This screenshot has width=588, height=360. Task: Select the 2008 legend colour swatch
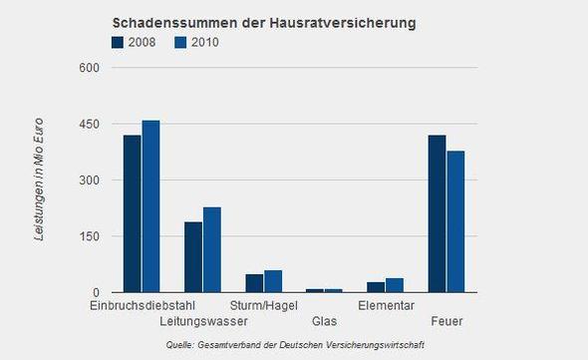point(119,42)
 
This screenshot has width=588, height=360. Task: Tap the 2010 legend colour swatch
point(180,42)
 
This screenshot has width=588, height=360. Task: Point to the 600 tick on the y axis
point(91,68)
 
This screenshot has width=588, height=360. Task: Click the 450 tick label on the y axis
point(91,124)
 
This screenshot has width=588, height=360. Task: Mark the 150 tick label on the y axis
point(91,236)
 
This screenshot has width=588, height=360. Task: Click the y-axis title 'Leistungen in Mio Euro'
point(39,180)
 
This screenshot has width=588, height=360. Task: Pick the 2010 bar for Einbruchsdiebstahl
point(150,206)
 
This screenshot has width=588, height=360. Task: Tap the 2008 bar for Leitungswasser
point(193,256)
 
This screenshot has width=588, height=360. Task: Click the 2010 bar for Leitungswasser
point(212,249)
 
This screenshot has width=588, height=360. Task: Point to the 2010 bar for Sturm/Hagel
point(273,281)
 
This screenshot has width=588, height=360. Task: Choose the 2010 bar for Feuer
point(455,221)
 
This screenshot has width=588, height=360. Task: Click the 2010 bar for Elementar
point(395,285)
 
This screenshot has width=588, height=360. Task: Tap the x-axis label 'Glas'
point(325,321)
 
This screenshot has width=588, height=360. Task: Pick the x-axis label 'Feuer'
point(446,321)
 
